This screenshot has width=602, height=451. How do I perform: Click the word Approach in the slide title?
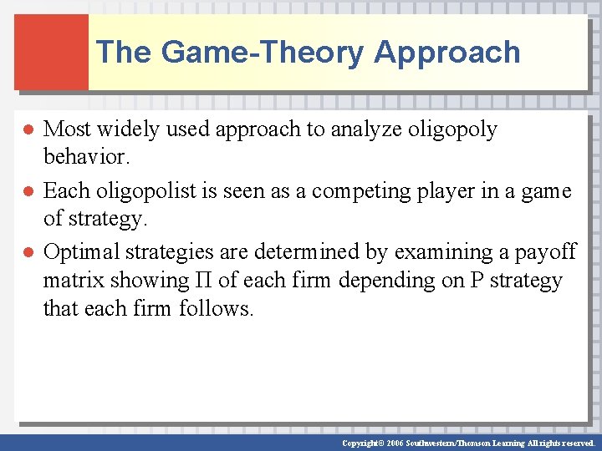click(447, 52)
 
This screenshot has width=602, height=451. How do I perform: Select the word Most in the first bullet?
click(67, 129)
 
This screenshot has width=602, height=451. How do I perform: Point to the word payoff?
click(543, 251)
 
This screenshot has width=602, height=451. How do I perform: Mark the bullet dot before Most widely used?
click(27, 130)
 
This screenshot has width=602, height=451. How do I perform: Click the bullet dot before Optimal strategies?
click(27, 252)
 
